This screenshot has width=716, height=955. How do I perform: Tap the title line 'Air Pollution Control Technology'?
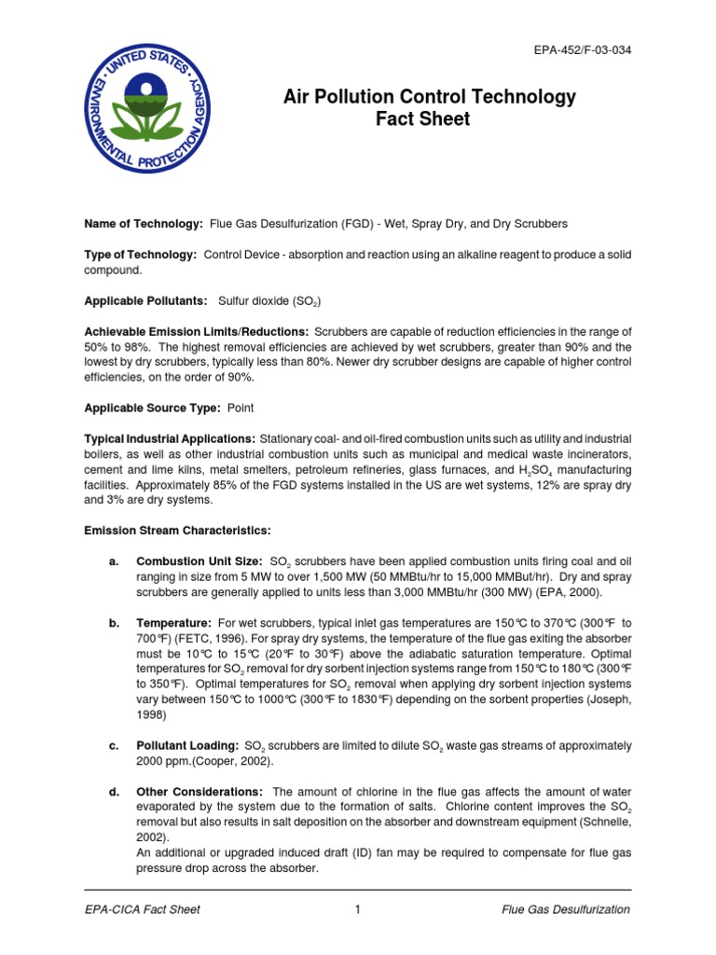point(429,97)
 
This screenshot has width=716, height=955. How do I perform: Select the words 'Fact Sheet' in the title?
point(429,119)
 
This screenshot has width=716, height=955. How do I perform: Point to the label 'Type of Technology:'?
point(140,255)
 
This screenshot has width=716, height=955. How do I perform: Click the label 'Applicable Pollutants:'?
point(146,301)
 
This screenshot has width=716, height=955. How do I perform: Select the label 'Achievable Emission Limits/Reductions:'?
point(197,331)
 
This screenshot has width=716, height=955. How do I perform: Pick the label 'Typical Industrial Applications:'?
point(170,438)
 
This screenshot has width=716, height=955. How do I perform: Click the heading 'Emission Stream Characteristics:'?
point(177,531)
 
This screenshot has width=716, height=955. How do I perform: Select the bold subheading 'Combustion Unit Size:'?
point(199,562)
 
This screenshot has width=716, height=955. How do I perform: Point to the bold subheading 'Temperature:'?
point(173,622)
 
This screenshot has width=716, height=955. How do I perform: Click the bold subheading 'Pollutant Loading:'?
point(186,746)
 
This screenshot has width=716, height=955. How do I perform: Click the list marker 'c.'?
point(114,746)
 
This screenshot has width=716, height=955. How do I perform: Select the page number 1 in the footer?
point(357,909)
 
